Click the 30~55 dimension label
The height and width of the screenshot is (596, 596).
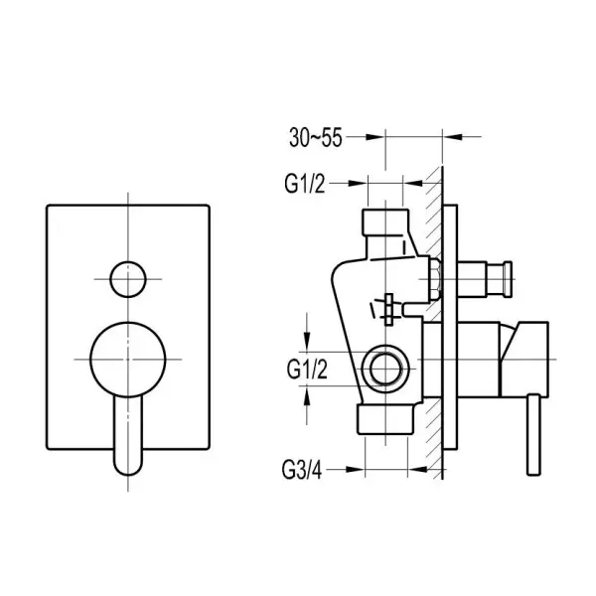pos(316,137)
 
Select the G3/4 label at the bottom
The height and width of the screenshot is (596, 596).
pos(302,470)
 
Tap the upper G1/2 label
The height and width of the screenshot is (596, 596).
pos(305,184)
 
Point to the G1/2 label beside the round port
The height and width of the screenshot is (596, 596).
pos(307,370)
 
